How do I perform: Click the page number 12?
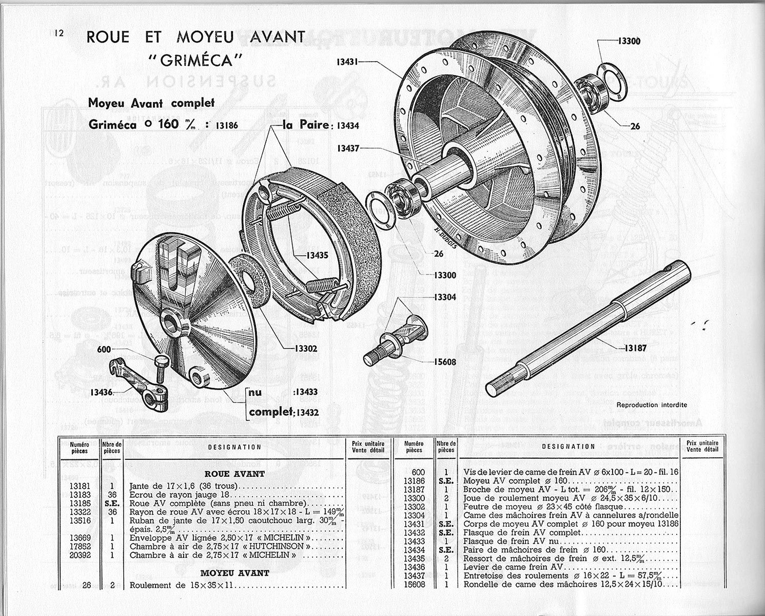pos(57,33)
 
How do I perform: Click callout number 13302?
pos(305,349)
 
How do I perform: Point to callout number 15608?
pos(444,362)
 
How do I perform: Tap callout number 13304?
pos(444,297)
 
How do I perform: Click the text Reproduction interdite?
pos(651,405)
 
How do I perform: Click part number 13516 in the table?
pos(80,520)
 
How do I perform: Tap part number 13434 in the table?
pos(414,550)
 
